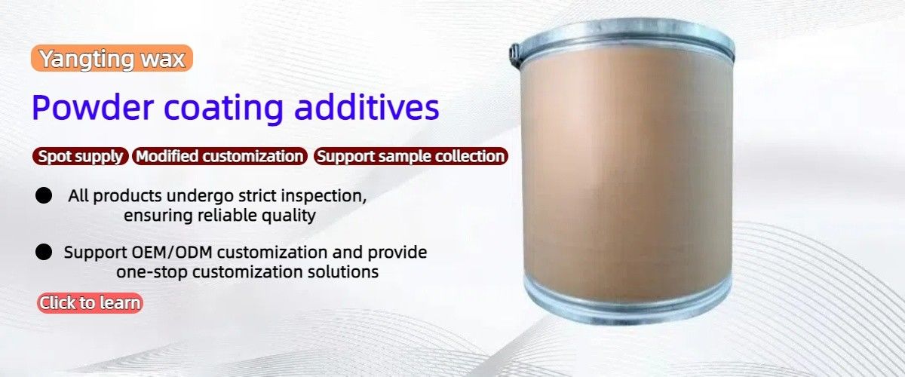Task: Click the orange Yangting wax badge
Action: tap(112, 59)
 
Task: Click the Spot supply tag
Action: tap(81, 157)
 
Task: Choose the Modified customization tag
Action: tap(219, 157)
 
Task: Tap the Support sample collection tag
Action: tap(410, 157)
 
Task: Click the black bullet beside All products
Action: tap(44, 196)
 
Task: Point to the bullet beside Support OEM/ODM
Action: tap(44, 252)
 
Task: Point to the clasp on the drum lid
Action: tap(515, 51)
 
